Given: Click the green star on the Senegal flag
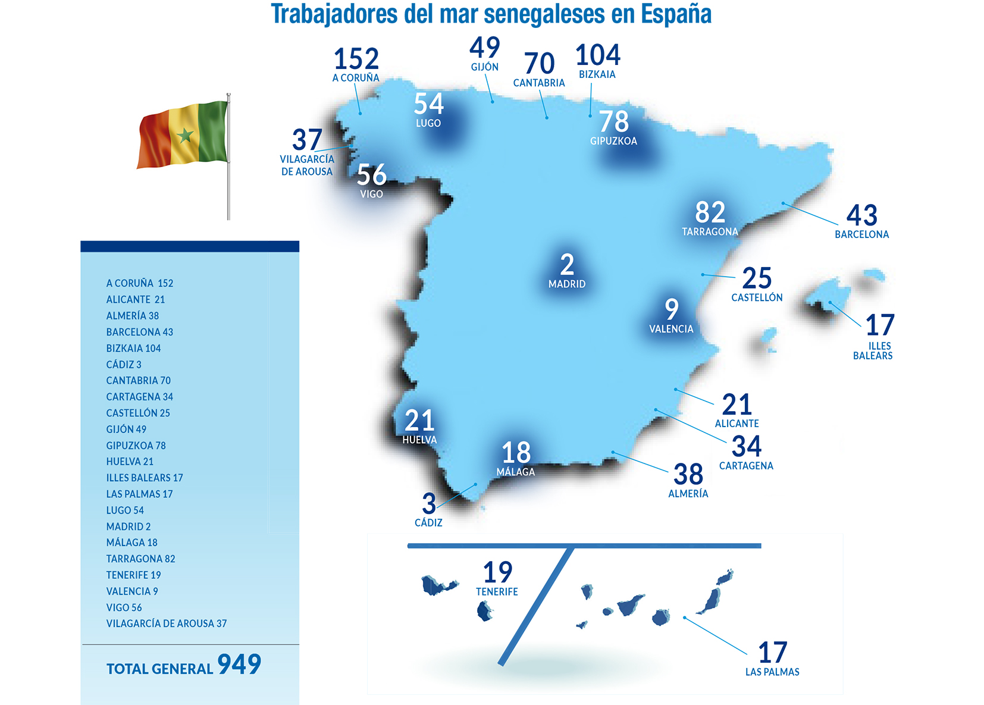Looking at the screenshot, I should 185,136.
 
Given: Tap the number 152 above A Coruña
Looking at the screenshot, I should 356,59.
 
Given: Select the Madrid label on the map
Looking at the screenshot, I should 566,284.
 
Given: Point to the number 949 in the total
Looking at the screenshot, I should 239,664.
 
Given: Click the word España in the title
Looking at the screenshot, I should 676,14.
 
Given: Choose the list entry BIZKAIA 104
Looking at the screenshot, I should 133,348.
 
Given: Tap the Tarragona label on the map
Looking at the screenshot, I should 710,231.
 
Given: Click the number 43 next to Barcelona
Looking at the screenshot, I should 862,215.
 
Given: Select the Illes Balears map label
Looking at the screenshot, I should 873,351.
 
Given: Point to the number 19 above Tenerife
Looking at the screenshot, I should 497,573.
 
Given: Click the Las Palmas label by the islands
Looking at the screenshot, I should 772,672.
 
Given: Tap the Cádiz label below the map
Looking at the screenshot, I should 428,523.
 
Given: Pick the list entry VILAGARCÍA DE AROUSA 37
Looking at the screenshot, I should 167,623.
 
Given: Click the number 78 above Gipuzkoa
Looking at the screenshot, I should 613,122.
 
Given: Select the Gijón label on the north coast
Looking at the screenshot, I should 485,67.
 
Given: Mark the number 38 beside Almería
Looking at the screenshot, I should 688,475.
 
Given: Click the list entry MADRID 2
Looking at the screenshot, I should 129,527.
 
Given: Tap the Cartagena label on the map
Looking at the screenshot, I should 746,466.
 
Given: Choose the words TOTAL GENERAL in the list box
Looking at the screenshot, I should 159,669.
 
